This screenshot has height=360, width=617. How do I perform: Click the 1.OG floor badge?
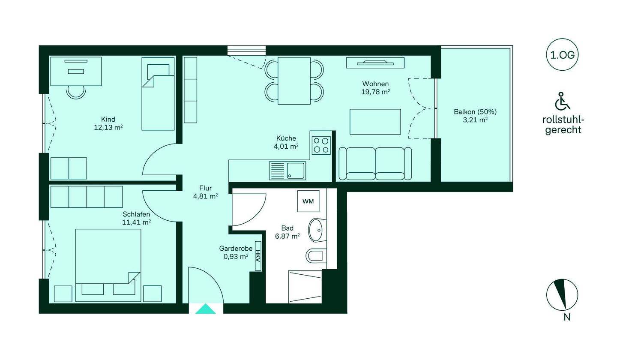tap(562, 55)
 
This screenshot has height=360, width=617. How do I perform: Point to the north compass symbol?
tap(562, 294)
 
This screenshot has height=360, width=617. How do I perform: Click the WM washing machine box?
tap(308, 201)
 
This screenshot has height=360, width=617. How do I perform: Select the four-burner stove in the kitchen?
tap(321, 145)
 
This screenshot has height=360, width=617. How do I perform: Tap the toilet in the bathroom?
tap(316, 256)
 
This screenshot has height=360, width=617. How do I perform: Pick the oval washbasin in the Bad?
tap(317, 230)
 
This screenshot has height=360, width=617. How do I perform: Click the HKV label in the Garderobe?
tap(258, 256)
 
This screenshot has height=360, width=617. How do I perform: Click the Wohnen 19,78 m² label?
tap(375, 88)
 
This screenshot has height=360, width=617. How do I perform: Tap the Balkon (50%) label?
tap(475, 112)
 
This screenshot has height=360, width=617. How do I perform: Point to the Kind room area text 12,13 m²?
tap(108, 128)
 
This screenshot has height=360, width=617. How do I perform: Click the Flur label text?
tap(206, 188)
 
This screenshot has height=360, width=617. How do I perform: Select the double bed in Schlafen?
tap(108, 265)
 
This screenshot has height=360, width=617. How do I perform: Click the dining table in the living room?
tap(294, 81)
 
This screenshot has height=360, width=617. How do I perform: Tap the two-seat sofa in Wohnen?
tap(375, 164)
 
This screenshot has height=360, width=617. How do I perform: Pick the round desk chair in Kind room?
tap(76, 92)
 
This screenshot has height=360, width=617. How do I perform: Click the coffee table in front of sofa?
tap(375, 122)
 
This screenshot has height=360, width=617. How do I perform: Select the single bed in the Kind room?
tap(158, 94)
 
